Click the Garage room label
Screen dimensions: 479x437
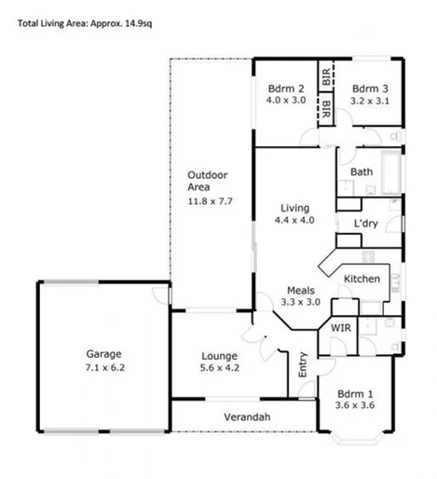(103, 353)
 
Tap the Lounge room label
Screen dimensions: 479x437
(219, 355)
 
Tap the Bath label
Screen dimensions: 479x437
(362, 171)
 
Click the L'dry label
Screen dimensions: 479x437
(365, 225)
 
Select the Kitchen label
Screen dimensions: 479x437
(361, 279)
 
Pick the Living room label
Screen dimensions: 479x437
(295, 208)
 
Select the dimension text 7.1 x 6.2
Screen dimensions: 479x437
(104, 367)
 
